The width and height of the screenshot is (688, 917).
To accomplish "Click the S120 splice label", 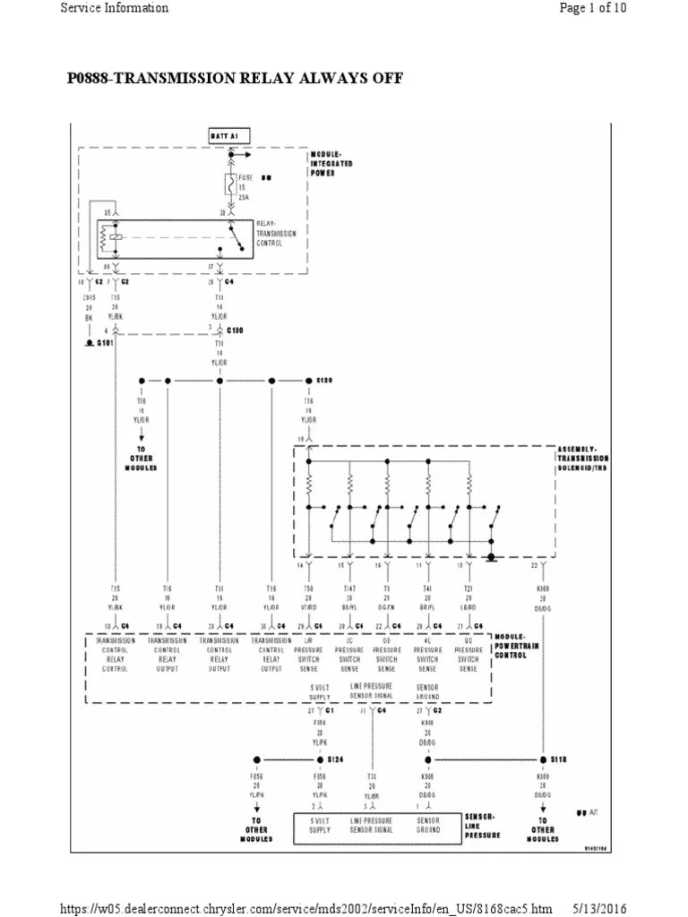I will [x=323, y=380].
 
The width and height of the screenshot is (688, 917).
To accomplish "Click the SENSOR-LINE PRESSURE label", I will [x=484, y=826].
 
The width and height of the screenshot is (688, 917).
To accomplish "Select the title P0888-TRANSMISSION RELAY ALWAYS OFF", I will [x=235, y=79].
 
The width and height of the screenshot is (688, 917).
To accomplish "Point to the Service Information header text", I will [x=114, y=8].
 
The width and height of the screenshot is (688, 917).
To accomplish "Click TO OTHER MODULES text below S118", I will [x=543, y=829].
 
